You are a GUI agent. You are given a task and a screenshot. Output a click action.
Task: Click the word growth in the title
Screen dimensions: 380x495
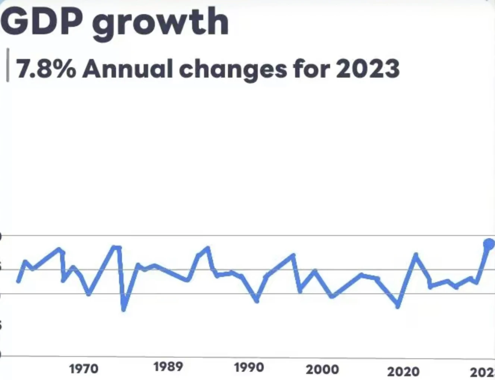[x=160, y=23]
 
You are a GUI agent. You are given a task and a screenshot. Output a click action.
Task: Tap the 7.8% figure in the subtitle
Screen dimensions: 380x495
[x=46, y=69]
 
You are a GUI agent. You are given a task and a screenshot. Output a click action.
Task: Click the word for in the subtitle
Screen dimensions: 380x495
[x=312, y=69]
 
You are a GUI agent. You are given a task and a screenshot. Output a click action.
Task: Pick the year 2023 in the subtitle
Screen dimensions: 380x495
[x=368, y=69]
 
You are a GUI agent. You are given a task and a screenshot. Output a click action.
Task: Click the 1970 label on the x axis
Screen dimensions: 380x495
[x=84, y=369]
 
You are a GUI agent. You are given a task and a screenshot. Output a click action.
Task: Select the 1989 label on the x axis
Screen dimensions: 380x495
[x=168, y=367]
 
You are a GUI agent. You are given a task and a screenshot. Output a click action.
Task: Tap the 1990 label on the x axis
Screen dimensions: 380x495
[x=249, y=368]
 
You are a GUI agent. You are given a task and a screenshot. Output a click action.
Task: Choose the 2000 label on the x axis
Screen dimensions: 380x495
[x=322, y=370]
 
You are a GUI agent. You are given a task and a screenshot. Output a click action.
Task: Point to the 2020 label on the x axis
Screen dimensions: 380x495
[x=403, y=371]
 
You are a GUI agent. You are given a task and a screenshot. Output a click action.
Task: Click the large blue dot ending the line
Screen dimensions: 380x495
[x=489, y=244]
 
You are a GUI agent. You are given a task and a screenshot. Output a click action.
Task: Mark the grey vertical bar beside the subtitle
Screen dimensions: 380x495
[x=8, y=65]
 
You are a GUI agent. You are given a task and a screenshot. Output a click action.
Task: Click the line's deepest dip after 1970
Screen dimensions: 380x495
[x=124, y=309]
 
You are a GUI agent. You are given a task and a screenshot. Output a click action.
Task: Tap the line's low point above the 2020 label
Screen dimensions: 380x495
[x=398, y=306]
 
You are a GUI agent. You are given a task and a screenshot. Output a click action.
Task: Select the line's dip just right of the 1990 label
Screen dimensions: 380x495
[x=257, y=300]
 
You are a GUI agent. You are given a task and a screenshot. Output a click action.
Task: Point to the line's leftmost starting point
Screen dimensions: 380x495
[x=18, y=281]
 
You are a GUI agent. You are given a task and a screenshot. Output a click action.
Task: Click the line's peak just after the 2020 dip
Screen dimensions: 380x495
[x=416, y=255]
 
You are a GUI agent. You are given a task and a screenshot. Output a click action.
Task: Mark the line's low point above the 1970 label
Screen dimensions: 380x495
[x=89, y=294]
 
